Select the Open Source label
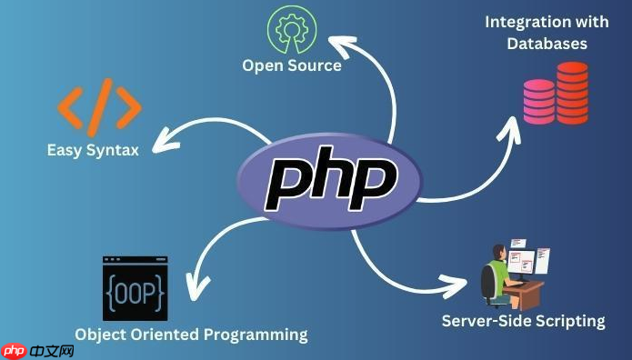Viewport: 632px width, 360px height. click(x=291, y=65)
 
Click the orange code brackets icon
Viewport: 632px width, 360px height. click(x=100, y=107)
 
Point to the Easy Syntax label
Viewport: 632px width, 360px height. click(x=93, y=149)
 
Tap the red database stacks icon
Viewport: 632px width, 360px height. click(x=555, y=93)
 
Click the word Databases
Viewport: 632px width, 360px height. click(x=547, y=43)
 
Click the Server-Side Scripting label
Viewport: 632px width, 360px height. click(x=523, y=320)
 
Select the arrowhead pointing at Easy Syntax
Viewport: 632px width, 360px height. click(x=163, y=142)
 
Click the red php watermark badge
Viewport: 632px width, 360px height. click(x=15, y=348)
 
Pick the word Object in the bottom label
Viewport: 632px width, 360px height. click(x=102, y=335)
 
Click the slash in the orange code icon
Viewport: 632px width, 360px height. click(x=101, y=107)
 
